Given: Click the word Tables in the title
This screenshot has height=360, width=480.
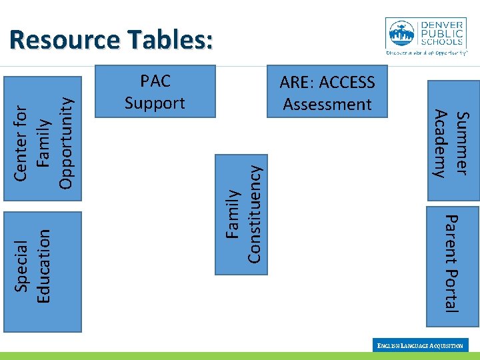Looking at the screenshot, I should click(166, 40).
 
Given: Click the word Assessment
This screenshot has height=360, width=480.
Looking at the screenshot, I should click(327, 104).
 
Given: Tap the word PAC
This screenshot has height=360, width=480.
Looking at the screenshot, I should click(155, 81).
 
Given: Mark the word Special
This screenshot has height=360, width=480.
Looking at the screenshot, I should click(21, 265).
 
